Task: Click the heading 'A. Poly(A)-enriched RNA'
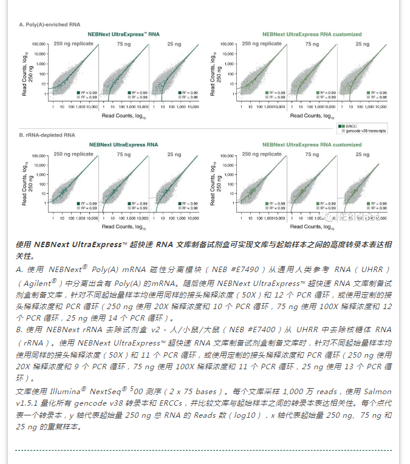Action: pos(49,25)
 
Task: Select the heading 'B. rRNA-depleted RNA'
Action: pos(47,135)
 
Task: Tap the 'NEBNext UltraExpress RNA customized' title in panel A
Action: pos(312,35)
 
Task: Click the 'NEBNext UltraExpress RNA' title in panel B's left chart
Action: pos(124,145)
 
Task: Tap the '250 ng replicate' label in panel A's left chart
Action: pos(73,44)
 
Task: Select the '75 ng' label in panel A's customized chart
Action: pos(312,44)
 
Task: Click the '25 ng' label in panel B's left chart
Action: pos(174,155)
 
